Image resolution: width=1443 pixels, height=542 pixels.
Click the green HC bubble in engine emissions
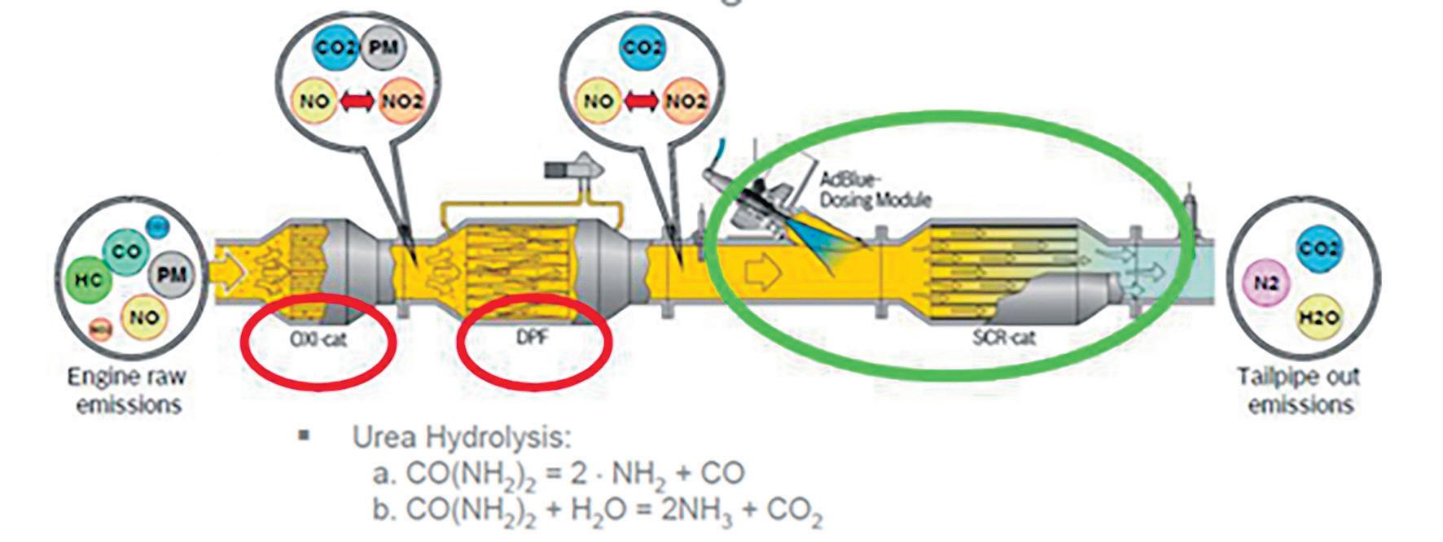tap(89, 279)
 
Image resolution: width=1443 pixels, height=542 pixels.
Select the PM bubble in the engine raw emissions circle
tap(172, 274)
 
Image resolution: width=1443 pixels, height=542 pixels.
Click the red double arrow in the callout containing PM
tap(357, 102)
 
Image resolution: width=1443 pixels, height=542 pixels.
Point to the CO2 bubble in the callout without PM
tap(643, 47)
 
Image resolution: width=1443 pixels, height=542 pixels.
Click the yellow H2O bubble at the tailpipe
tap(1319, 317)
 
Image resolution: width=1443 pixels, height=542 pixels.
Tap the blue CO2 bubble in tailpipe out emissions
tap(1319, 247)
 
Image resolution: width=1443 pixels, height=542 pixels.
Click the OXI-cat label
tap(319, 339)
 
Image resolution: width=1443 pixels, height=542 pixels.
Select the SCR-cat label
tap(1004, 336)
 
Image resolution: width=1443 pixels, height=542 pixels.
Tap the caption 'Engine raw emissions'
tap(126, 391)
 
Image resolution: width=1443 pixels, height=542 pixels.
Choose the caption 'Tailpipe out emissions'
tap(1299, 391)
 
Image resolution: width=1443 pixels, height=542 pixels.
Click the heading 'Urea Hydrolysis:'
tap(462, 437)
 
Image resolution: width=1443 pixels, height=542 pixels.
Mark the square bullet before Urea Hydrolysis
tap(305, 435)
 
